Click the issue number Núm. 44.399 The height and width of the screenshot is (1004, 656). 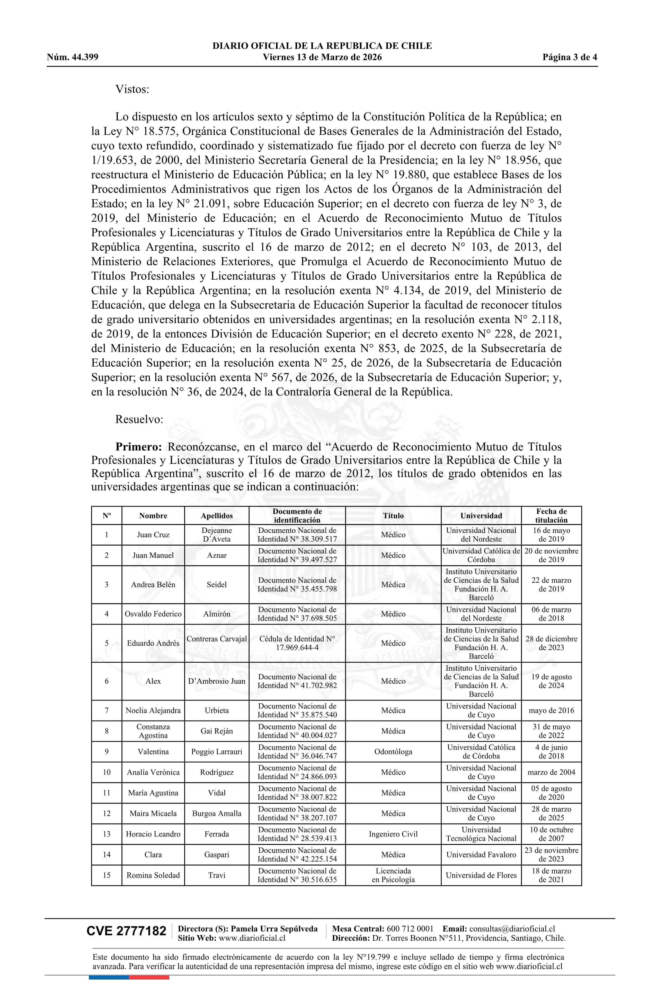tap(73, 57)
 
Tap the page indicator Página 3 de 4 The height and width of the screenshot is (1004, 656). tap(570, 57)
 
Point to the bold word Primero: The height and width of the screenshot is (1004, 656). tap(139, 447)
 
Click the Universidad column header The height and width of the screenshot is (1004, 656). tap(481, 515)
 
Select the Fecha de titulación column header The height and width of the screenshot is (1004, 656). tap(551, 515)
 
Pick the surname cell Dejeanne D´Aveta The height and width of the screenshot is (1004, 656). tap(217, 534)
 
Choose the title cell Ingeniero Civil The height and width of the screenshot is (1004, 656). tap(393, 834)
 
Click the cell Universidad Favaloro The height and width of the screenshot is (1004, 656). tap(481, 855)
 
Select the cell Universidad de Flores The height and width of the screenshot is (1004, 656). tap(481, 875)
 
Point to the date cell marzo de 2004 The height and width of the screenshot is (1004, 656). tap(551, 772)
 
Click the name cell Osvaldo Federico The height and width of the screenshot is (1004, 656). tap(153, 614)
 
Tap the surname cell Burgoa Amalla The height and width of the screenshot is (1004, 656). tap(217, 813)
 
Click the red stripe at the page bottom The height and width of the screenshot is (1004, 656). tap(149, 977)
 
